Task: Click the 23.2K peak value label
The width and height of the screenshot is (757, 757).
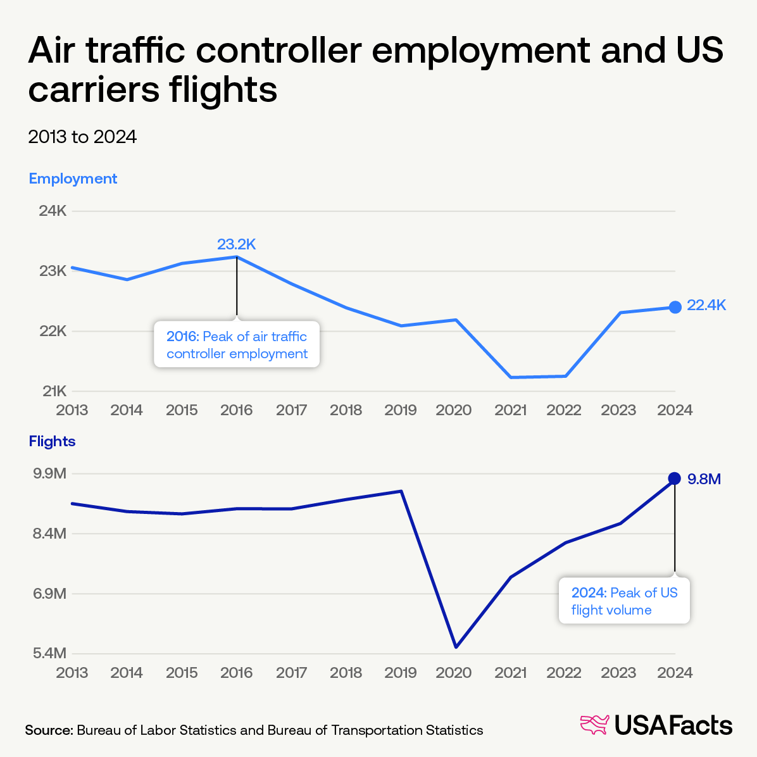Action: [x=236, y=245]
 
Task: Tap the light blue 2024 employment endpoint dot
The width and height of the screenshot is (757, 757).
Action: [x=675, y=307]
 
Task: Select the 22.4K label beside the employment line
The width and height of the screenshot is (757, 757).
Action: [x=706, y=306]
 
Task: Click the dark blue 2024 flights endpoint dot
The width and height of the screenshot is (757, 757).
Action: [x=675, y=478]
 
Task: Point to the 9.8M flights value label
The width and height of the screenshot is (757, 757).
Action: [x=704, y=479]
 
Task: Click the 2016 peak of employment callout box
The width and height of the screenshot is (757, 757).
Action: [x=237, y=345]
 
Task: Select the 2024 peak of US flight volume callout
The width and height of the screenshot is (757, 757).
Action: [x=624, y=601]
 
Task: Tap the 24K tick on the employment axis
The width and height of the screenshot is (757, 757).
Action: [x=53, y=211]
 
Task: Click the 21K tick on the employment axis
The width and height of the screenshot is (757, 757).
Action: [x=54, y=391]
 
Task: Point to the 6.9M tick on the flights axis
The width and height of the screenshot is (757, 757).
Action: [x=50, y=594]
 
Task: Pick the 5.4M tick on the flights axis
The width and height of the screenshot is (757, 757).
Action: [x=50, y=653]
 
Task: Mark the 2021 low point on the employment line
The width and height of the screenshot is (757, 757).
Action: [x=510, y=377]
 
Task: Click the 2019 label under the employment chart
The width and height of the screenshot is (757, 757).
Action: [x=401, y=410]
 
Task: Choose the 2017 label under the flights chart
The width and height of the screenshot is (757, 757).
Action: [x=291, y=672]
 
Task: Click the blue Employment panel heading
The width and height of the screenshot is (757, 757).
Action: [x=73, y=178]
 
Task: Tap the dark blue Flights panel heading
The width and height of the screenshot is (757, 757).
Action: [x=52, y=441]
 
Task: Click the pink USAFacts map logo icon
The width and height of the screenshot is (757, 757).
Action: [x=594, y=725]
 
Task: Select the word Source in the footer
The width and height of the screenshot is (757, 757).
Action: [x=49, y=730]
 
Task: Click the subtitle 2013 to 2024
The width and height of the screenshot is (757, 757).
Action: [x=82, y=137]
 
